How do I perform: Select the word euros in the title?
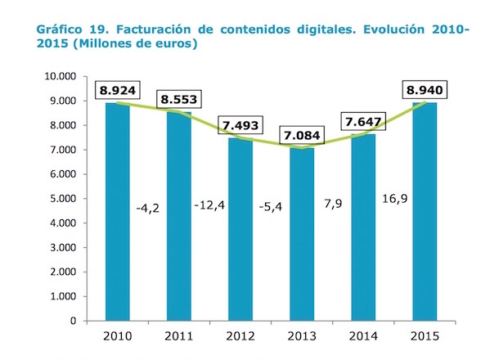click(x=177, y=43)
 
